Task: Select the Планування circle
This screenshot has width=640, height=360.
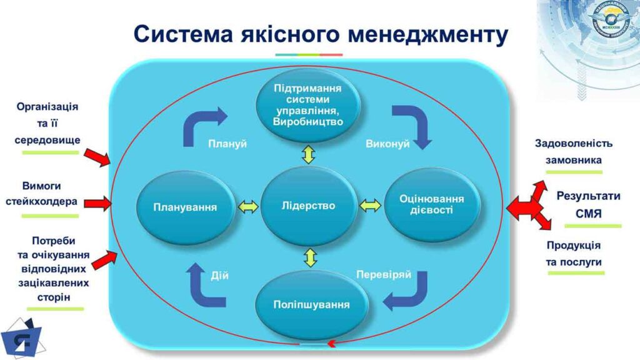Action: (x=185, y=207)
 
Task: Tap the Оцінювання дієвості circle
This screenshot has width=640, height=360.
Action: (x=431, y=204)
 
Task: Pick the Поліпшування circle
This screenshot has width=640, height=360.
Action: (x=311, y=304)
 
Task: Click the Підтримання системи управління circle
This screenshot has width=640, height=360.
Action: (x=308, y=104)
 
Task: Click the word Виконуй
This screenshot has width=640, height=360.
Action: (x=387, y=144)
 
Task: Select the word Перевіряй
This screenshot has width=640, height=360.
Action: (x=383, y=274)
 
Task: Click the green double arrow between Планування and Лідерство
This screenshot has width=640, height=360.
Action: (x=247, y=206)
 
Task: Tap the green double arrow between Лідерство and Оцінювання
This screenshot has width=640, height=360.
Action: (x=369, y=205)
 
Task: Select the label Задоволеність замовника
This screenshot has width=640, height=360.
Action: (x=573, y=151)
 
